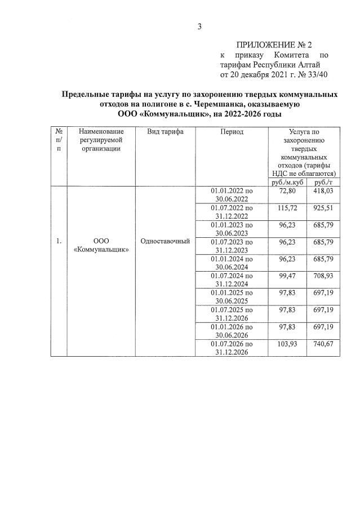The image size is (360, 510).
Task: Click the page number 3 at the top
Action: click(199, 26)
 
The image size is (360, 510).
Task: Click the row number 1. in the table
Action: click(59, 241)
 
